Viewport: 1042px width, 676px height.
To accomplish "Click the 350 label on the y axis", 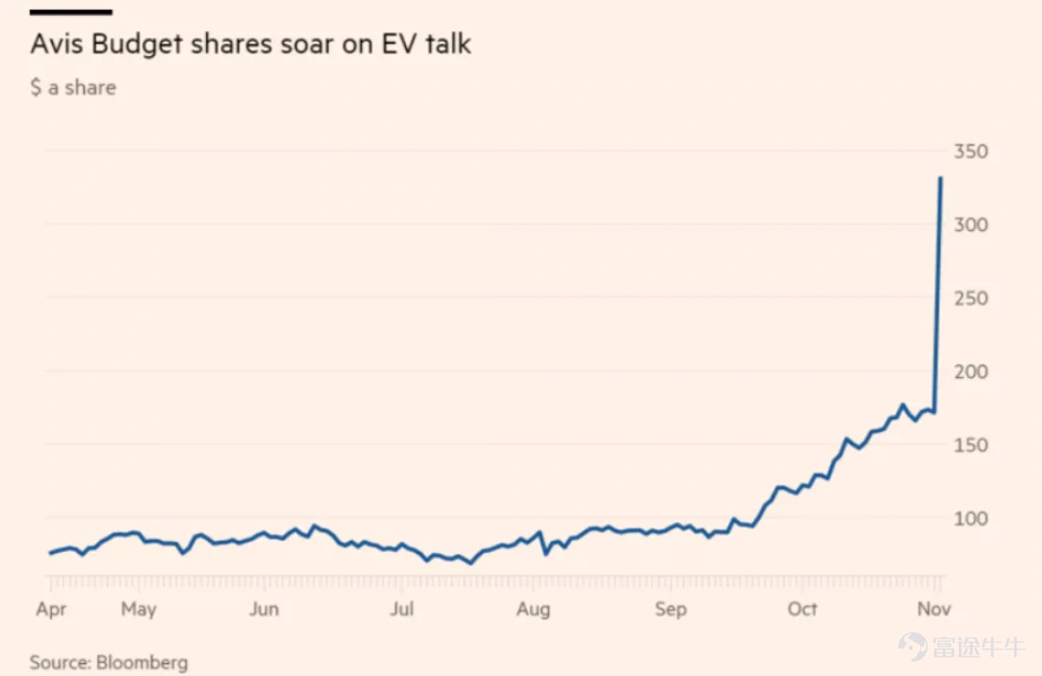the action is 971,152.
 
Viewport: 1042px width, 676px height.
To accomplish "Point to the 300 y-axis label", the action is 971,225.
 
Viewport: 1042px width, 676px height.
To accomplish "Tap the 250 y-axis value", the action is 971,299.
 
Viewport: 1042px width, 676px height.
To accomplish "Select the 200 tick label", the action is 971,372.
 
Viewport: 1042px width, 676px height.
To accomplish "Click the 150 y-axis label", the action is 971,446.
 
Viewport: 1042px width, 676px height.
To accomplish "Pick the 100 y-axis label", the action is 971,519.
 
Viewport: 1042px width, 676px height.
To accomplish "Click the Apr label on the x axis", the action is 51,610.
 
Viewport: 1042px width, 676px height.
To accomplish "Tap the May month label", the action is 138,610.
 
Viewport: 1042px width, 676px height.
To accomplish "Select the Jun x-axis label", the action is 264,609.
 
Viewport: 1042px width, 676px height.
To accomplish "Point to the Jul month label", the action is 402,609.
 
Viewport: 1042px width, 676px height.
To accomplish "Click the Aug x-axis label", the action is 533,610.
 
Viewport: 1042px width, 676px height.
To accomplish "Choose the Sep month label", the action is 670,610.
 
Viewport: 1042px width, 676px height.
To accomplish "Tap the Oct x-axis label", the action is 802,609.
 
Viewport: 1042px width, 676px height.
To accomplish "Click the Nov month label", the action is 934,609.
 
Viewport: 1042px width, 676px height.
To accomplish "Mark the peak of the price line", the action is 941,177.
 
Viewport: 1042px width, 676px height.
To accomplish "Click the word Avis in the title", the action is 57,45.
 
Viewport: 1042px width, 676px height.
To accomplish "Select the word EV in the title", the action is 400,45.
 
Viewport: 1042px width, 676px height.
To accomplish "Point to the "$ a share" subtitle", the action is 74,87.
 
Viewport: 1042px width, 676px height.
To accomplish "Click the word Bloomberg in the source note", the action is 142,662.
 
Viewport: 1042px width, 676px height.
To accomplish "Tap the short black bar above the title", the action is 71,13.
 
